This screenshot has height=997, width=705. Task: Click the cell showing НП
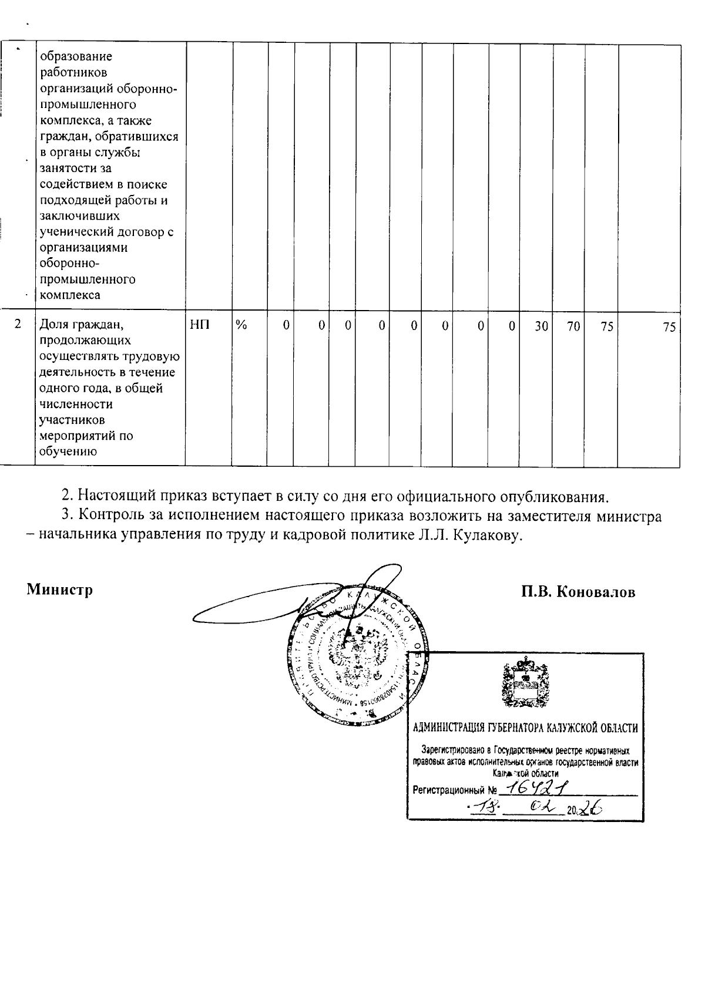tap(200, 325)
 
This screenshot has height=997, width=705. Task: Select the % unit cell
tap(241, 325)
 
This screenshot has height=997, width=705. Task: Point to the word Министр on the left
tap(60, 590)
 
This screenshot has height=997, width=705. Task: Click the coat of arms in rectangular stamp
tap(525, 684)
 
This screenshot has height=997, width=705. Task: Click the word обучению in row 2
tap(68, 452)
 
